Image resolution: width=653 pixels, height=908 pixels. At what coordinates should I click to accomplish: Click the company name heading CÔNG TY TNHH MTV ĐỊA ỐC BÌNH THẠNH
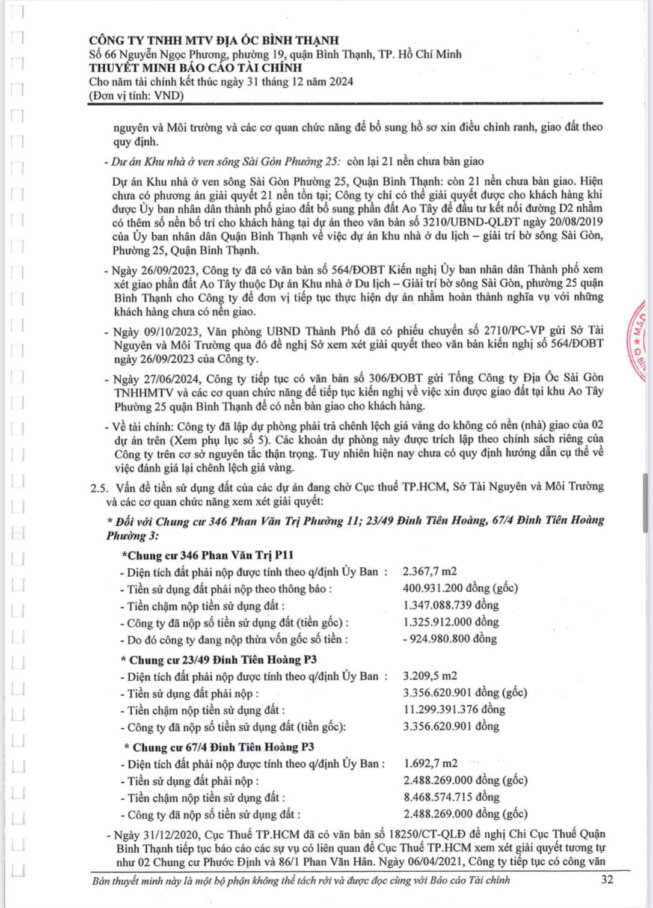coord(213,40)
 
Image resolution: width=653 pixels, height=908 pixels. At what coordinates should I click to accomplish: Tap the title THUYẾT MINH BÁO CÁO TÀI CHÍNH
coord(195,67)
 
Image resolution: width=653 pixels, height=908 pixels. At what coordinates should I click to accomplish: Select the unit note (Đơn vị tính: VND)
coord(136,96)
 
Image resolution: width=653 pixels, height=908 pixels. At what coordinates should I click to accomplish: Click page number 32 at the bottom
coord(607,879)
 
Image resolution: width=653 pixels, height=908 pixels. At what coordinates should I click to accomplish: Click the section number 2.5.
coord(99,487)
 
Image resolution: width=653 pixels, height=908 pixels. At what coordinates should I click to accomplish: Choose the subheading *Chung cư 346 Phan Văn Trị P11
coord(207,555)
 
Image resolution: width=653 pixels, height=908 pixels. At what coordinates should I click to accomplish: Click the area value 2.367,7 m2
coord(430,571)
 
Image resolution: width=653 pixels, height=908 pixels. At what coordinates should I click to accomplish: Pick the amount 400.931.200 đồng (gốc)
coord(460,588)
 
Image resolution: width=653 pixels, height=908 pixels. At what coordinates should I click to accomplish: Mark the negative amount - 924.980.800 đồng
coord(450,639)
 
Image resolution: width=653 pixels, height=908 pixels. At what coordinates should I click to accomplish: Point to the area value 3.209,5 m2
coord(430,676)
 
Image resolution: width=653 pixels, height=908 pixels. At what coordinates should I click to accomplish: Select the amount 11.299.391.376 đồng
coord(454,710)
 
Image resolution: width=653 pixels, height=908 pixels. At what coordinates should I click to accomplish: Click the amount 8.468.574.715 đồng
coord(452,797)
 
